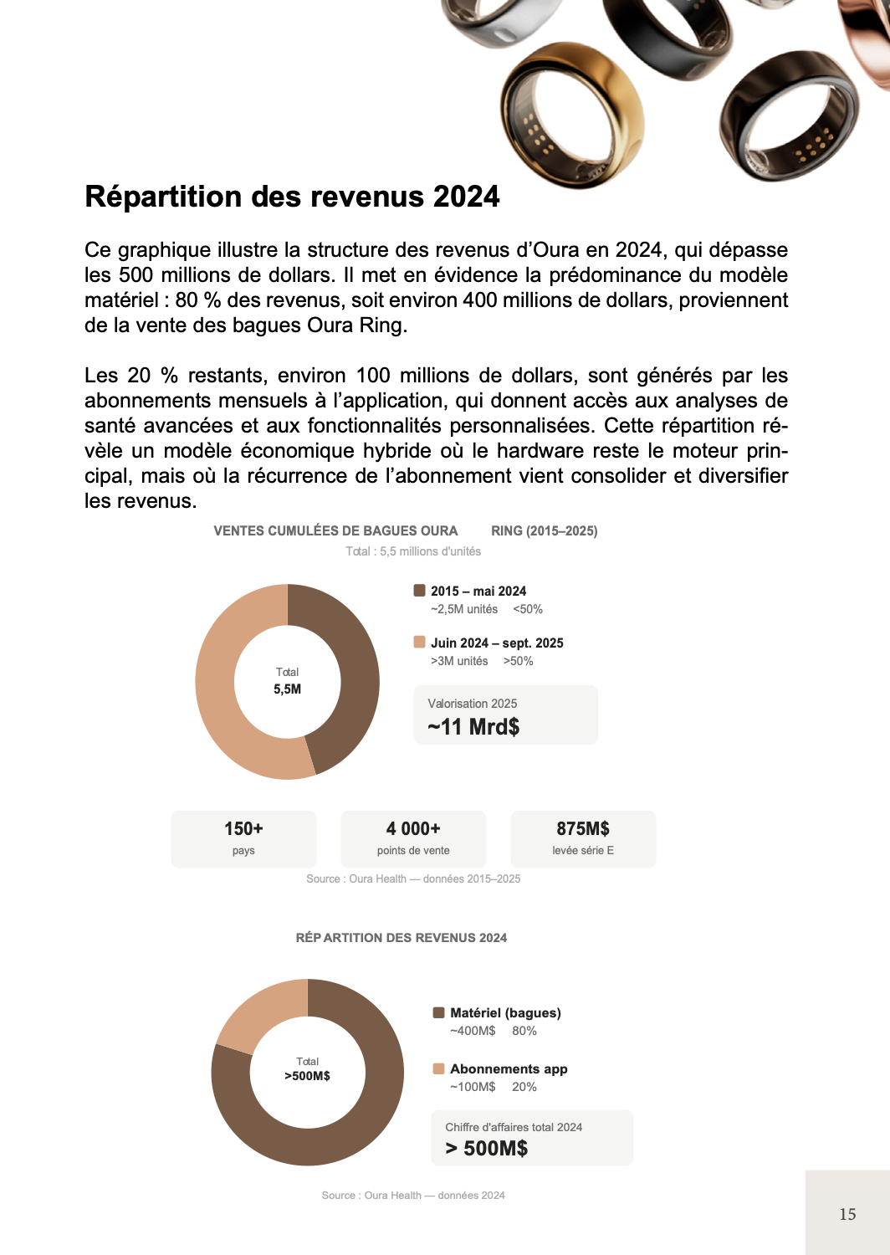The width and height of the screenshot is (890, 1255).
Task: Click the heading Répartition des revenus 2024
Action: tap(292, 197)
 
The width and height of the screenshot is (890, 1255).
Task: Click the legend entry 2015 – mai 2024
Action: tap(478, 592)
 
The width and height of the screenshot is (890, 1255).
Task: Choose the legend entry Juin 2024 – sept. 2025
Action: tap(496, 643)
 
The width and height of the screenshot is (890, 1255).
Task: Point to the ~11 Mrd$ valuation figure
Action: tap(473, 726)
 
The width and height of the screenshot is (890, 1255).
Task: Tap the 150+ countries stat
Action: tap(243, 829)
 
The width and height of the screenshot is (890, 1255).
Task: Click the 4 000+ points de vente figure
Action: tap(413, 829)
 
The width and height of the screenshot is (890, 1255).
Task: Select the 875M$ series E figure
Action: tap(583, 829)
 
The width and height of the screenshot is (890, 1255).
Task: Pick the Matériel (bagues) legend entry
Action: tap(504, 1013)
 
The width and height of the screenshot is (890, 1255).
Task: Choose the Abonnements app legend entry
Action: tap(508, 1069)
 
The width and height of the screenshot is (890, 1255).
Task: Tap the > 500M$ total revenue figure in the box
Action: tap(487, 1148)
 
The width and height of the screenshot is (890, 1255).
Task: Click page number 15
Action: tap(847, 1214)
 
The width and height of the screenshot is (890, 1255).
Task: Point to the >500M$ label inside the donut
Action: tap(307, 1076)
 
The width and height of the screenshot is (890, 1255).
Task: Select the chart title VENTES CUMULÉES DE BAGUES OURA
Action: tap(335, 531)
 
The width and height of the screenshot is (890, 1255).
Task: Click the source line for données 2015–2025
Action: tap(413, 879)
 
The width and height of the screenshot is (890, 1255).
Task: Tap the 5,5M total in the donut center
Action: tap(287, 689)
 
